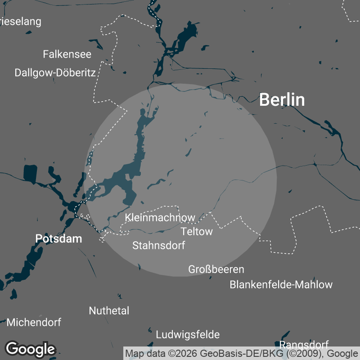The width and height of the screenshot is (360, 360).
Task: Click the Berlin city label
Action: click(282, 100)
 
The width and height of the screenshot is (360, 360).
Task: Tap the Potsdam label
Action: click(58, 238)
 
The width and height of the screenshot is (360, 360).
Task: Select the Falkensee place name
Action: click(67, 54)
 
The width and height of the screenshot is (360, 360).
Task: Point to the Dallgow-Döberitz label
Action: click(55, 72)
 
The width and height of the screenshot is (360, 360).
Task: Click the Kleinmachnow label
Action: click(160, 218)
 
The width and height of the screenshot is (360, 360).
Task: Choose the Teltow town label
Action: click(196, 232)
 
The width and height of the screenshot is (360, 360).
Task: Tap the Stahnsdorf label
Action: click(158, 245)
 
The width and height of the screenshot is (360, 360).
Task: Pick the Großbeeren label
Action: click(216, 270)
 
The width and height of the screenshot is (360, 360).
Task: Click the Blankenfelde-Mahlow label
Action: click(281, 284)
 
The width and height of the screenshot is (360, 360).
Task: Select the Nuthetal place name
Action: click(109, 310)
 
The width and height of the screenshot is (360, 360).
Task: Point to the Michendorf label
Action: click(34, 322)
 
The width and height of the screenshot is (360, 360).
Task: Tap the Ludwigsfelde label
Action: click(188, 335)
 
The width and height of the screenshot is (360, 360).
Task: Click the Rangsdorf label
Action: click(304, 345)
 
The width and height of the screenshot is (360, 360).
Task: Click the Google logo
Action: click(30, 349)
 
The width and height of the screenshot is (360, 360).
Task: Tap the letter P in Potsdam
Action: click(39, 238)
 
